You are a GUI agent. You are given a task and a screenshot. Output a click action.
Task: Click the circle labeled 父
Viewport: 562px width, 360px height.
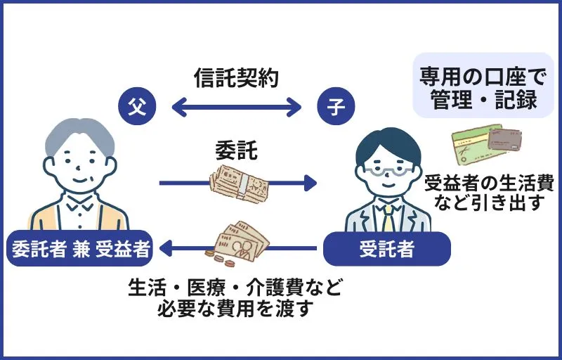point(133,108)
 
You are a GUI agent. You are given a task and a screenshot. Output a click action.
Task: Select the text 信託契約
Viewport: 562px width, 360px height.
point(236,78)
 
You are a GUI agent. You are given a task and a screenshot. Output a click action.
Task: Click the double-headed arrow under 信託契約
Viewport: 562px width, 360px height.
point(236,108)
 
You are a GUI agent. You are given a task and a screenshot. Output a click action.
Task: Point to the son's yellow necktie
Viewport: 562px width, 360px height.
point(388,219)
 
